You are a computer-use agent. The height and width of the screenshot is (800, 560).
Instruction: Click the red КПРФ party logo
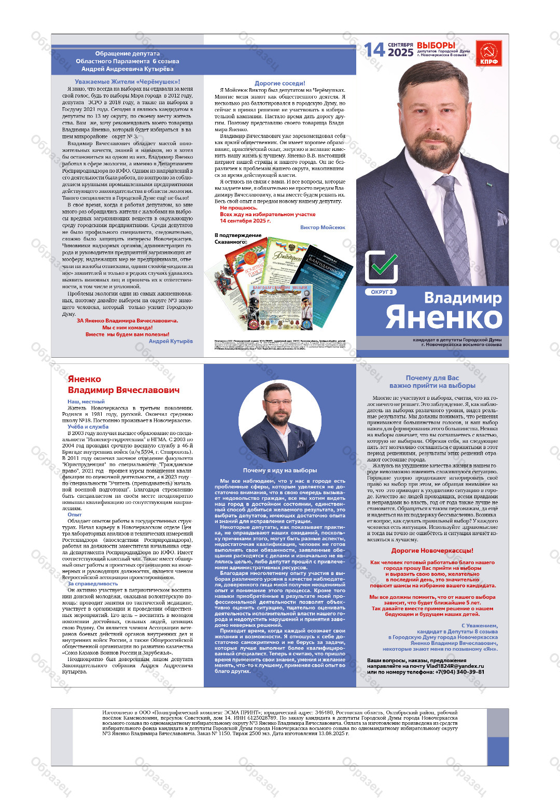click(x=489, y=53)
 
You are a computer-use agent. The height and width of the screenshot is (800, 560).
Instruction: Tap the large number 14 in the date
click(x=374, y=50)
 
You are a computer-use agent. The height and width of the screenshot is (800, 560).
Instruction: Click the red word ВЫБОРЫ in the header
click(x=436, y=46)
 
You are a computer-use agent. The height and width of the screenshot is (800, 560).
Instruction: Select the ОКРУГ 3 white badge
click(x=382, y=292)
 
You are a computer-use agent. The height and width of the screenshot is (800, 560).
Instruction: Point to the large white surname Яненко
click(x=444, y=318)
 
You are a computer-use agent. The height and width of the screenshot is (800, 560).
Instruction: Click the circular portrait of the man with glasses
click(x=279, y=422)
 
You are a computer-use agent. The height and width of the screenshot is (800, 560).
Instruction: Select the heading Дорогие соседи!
click(x=279, y=83)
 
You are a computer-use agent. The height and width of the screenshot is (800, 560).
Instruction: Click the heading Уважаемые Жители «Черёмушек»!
click(x=128, y=81)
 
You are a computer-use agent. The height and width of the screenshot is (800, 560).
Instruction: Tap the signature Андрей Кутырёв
click(x=171, y=341)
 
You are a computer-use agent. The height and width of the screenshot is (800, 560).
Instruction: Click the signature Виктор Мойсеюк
click(x=323, y=227)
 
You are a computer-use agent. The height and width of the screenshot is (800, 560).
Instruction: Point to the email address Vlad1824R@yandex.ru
click(x=455, y=666)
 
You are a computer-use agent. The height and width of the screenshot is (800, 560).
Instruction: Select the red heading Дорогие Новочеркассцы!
click(x=432, y=551)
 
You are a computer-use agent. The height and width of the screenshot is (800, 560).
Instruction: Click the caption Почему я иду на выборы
click(x=279, y=470)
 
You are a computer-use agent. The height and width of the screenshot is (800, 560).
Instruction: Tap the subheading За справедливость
click(x=93, y=583)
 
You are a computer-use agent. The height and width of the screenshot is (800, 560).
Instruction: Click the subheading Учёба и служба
click(x=88, y=427)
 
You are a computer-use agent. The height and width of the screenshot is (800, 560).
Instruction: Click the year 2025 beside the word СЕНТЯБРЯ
click(x=401, y=52)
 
